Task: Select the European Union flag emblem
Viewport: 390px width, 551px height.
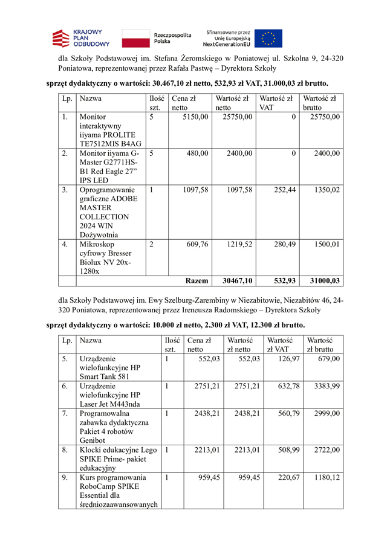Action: tap(268, 38)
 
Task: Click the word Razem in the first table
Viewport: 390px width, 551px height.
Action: tap(197, 280)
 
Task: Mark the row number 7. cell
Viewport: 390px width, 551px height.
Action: tap(64, 413)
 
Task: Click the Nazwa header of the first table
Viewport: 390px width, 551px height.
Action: tap(90, 97)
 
